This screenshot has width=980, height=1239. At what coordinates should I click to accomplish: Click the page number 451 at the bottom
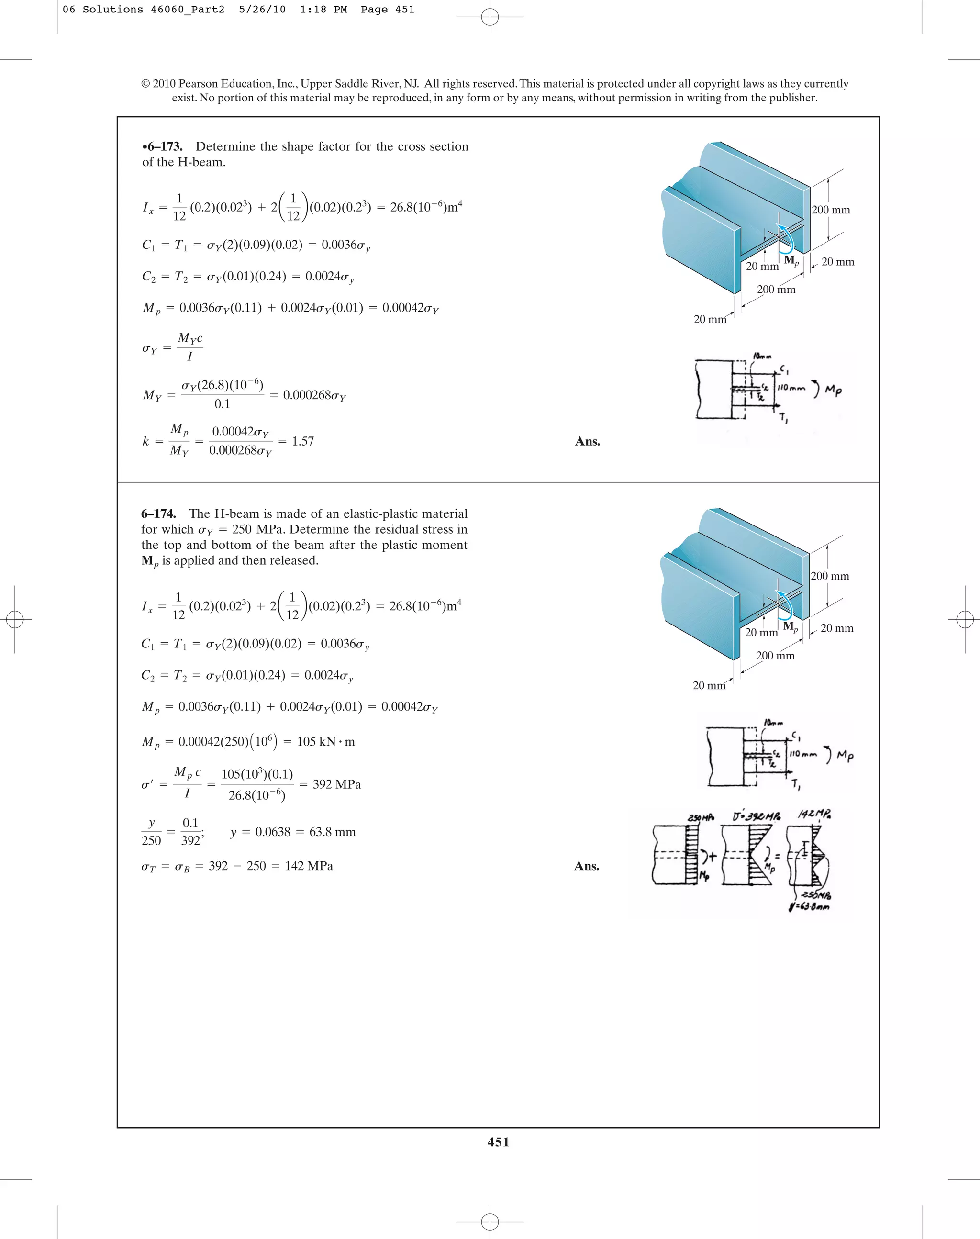coord(498,1141)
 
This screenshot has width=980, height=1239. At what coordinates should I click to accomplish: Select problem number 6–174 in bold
coord(159,513)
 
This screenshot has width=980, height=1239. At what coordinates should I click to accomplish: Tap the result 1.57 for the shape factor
coord(302,441)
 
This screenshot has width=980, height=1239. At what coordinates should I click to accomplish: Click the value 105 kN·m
coord(325,741)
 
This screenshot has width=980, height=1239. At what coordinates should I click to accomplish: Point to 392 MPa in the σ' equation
coord(336,784)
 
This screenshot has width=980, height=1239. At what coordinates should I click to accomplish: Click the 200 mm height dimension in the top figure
coord(831,210)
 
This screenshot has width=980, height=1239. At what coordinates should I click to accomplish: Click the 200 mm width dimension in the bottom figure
coord(775,655)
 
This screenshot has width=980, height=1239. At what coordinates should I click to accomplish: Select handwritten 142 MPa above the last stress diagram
coord(814,815)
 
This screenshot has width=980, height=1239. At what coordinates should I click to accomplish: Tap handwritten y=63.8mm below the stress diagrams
coord(809,907)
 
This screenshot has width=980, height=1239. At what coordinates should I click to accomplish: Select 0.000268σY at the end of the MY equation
coord(314,395)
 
